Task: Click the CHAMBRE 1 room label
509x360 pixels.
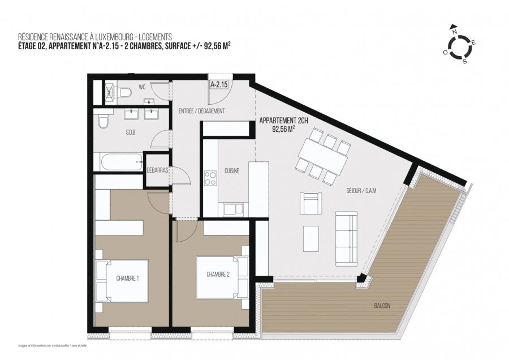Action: point(127,278)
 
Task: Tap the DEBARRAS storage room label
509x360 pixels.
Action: point(157,170)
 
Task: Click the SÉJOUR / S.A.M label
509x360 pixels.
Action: point(361,191)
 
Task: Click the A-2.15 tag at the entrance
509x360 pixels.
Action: point(218,85)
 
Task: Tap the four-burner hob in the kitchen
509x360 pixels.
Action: point(211,178)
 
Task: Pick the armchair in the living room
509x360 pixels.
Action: point(312,203)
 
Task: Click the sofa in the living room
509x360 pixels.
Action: point(346,238)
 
